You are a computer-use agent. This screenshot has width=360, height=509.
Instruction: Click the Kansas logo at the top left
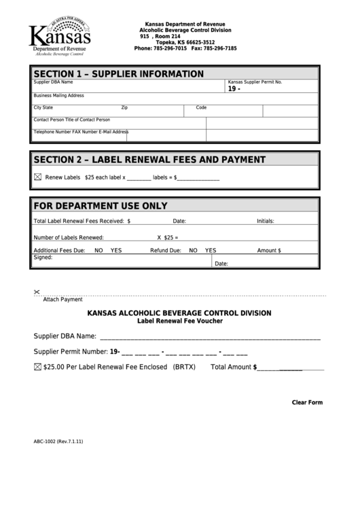tap(59, 37)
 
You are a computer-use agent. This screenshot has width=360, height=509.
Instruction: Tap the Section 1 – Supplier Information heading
tap(118, 73)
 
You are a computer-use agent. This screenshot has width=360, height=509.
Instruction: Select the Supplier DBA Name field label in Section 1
tap(53, 82)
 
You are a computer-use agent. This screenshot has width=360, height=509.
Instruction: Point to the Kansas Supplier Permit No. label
tap(255, 82)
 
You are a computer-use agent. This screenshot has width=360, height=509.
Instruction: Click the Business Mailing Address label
tap(59, 96)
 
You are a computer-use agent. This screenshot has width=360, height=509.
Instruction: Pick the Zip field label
tap(124, 107)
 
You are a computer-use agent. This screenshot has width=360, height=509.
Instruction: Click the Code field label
tap(201, 107)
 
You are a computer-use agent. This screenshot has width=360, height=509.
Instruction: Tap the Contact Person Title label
tap(71, 120)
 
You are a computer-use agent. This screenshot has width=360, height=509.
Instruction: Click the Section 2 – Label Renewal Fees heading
tap(149, 160)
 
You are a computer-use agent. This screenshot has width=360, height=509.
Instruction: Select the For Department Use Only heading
tap(101, 206)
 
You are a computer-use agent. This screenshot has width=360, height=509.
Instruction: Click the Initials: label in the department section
tap(265, 221)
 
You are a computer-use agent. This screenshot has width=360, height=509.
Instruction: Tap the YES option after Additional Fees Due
tap(116, 250)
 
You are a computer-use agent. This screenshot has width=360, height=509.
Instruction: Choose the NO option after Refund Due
tap(193, 250)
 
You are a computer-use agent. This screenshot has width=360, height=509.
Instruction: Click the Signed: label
tap(43, 258)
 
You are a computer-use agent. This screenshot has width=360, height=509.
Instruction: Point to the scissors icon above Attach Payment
tap(37, 292)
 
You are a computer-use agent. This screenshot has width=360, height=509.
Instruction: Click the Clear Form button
tap(307, 402)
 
